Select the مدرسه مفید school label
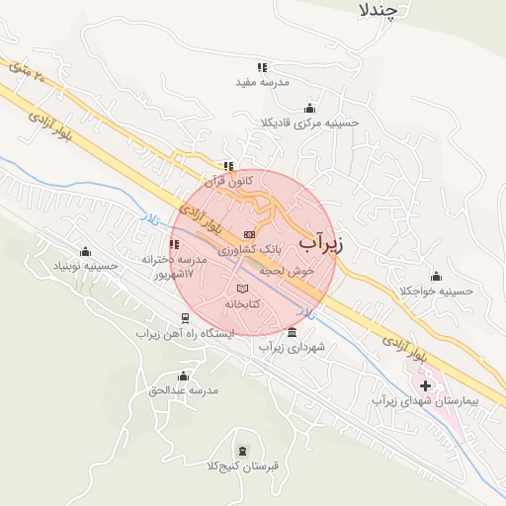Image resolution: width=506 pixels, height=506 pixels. click(262, 83)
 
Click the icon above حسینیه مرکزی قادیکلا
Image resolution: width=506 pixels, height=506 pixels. click(310, 108)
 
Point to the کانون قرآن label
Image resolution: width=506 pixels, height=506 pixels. click(228, 181)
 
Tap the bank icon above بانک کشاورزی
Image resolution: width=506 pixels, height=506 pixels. click(249, 234)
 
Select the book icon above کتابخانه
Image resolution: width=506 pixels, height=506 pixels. click(242, 288)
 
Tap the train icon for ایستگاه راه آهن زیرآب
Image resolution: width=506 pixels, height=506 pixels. click(185, 318)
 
